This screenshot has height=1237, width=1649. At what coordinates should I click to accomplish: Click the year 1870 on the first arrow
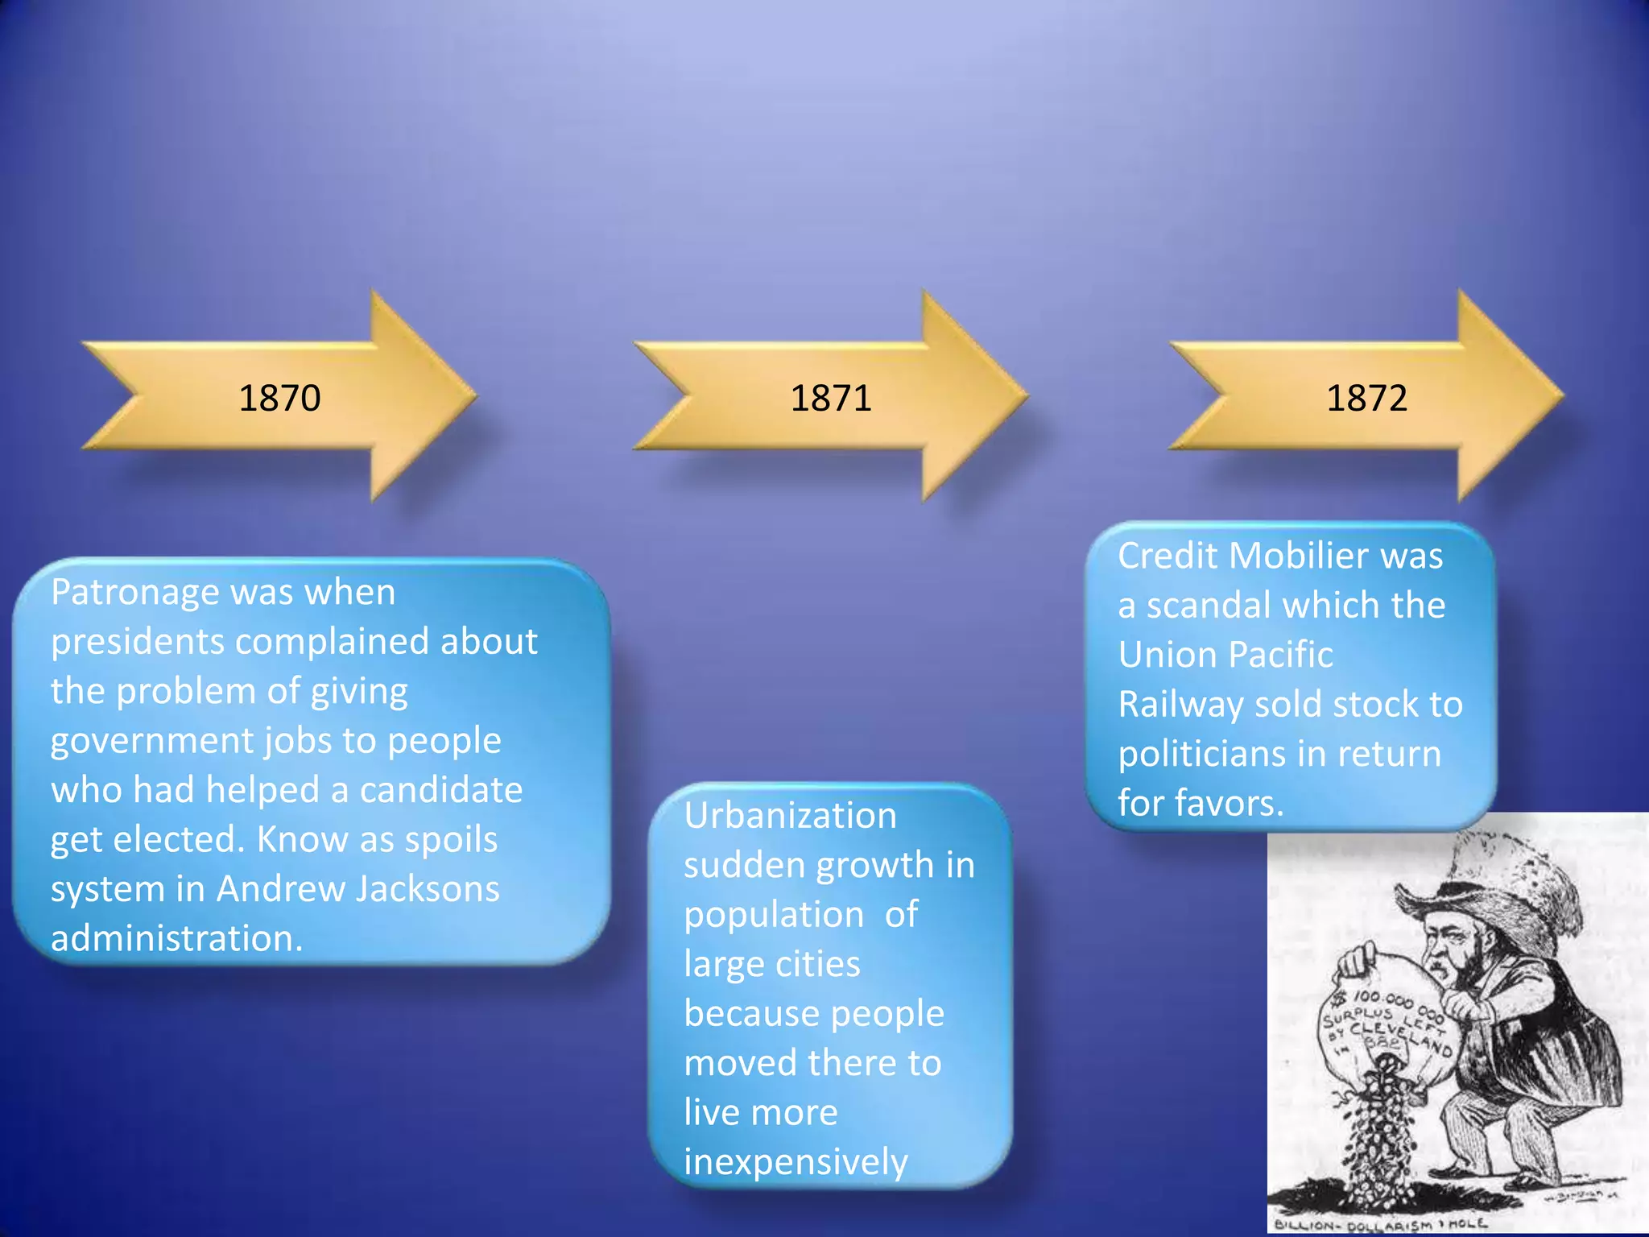click(x=279, y=398)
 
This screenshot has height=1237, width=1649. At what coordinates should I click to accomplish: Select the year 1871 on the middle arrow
click(x=831, y=398)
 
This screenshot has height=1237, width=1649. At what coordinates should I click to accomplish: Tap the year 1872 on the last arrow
click(x=1366, y=398)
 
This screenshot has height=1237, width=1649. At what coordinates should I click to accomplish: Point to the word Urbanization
click(x=790, y=816)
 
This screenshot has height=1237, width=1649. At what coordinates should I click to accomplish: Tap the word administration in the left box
click(x=176, y=938)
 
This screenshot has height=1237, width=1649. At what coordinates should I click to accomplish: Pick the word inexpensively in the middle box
click(x=796, y=1162)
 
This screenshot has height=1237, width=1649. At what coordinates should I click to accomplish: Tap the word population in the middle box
click(x=774, y=915)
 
